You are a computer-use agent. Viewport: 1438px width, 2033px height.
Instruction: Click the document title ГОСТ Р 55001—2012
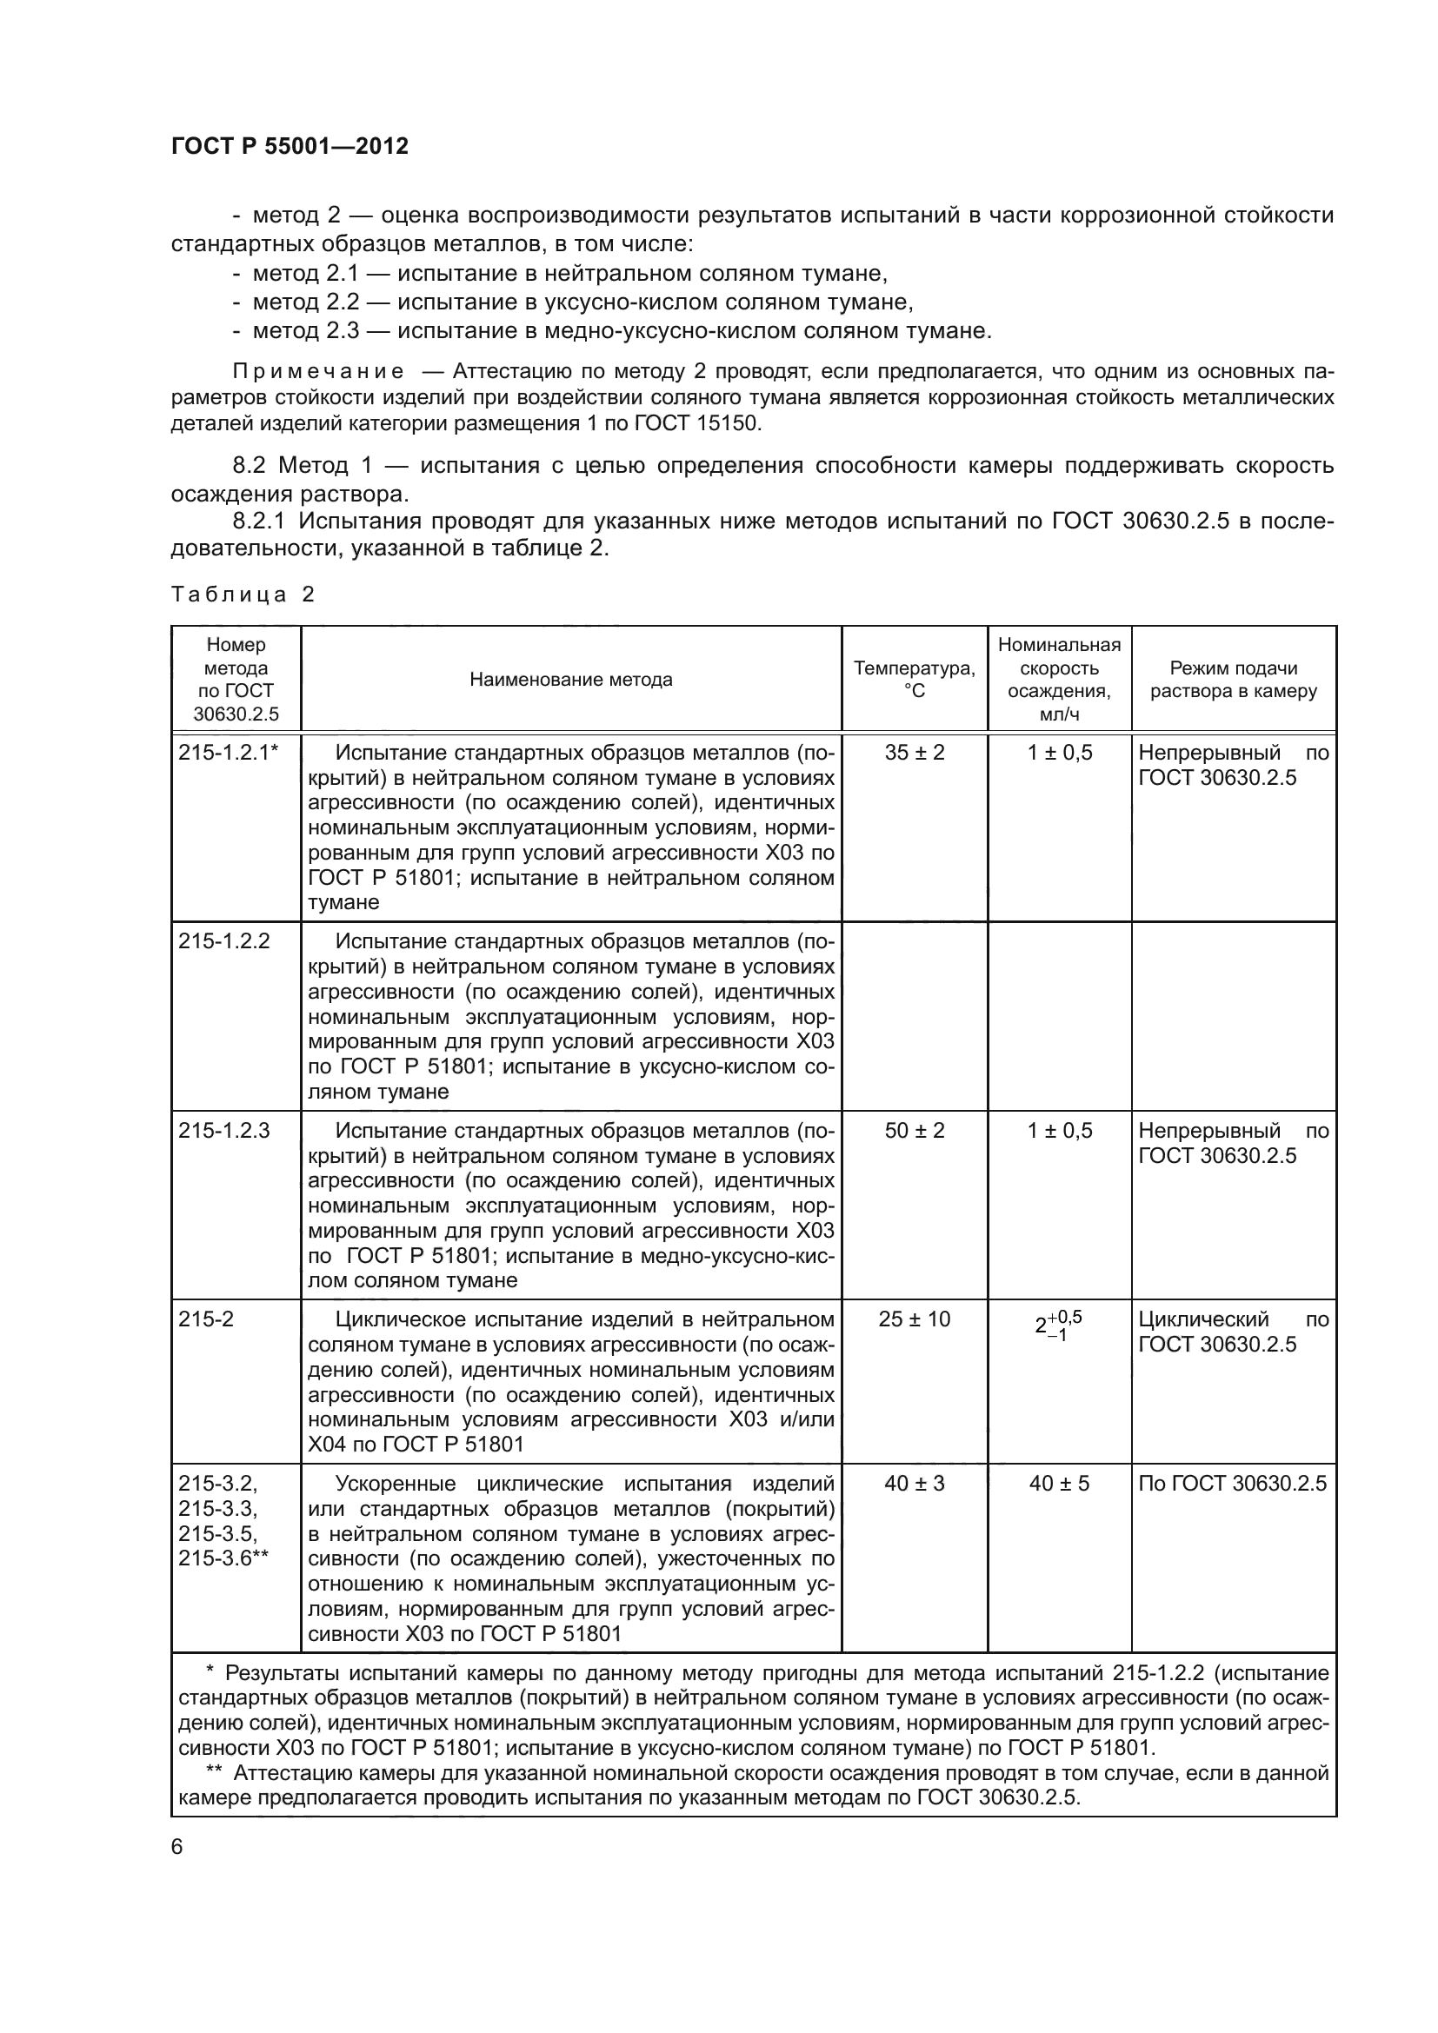coord(290,146)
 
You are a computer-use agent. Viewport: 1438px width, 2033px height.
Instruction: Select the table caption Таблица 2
coord(243,595)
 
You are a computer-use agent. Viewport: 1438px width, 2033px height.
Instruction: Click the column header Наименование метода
coord(570,679)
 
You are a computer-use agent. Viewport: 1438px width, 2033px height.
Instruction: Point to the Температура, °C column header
coord(914,679)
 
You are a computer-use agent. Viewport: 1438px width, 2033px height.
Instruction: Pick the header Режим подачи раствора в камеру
coord(1233,679)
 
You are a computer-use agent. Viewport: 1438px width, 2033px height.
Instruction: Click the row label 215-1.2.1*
coord(229,753)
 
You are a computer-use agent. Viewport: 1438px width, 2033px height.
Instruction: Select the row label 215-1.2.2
coord(224,941)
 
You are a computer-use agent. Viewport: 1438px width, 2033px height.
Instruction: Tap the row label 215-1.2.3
coord(224,1131)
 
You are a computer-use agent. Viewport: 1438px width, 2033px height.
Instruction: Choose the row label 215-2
coord(205,1319)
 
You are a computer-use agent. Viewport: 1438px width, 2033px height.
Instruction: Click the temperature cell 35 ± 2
coord(914,753)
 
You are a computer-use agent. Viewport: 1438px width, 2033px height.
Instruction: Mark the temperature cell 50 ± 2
coord(914,1131)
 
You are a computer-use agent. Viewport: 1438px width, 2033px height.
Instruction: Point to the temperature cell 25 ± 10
coord(914,1319)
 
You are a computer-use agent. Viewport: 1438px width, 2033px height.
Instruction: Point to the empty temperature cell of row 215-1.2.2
coord(914,1015)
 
